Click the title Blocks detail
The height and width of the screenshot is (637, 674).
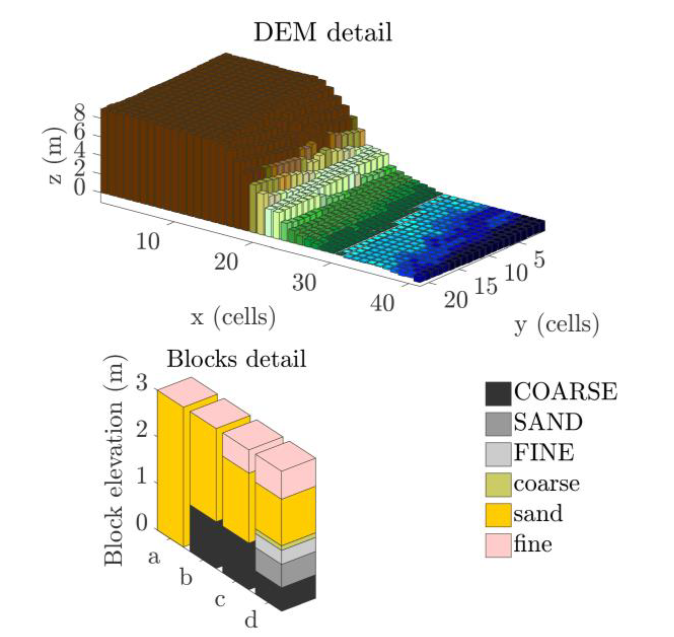coord(237,359)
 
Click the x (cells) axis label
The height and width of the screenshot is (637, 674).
coord(233,317)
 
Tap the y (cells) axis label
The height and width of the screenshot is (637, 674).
coord(557,324)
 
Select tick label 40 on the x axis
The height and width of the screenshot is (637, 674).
coord(382,303)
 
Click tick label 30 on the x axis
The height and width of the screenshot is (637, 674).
coord(304,282)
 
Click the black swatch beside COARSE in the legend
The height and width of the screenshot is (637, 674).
coord(498,393)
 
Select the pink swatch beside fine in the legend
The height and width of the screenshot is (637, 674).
coord(498,545)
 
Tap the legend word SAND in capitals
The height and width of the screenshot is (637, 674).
coord(548,422)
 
